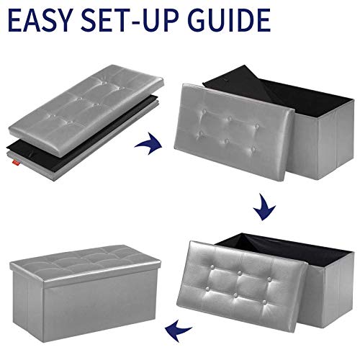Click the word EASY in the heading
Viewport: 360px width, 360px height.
tap(40, 20)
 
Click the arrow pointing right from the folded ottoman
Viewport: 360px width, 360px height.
tap(149, 143)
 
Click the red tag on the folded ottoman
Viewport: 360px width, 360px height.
tap(17, 163)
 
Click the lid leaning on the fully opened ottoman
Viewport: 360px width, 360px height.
tap(242, 286)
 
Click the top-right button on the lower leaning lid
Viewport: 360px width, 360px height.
tap(270, 279)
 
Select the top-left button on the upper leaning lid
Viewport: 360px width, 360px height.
tap(204, 112)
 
